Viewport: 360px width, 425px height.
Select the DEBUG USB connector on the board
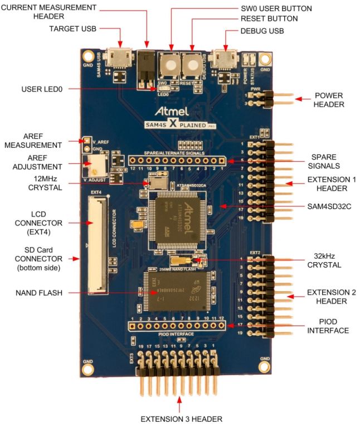coord(226,59)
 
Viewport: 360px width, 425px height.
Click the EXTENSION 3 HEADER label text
coord(181,418)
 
